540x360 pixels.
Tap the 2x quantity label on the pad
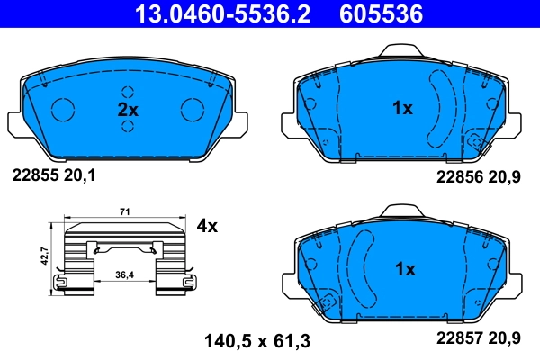pyautogui.click(x=128, y=110)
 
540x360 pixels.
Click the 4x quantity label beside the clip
pyautogui.click(x=207, y=226)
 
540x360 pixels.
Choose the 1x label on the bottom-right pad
pyautogui.click(x=404, y=269)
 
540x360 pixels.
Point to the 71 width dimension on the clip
pyautogui.click(x=126, y=212)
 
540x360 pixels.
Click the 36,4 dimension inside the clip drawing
pyautogui.click(x=126, y=275)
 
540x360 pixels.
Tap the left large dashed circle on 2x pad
pyautogui.click(x=64, y=109)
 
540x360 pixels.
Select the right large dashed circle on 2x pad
pyautogui.click(x=193, y=109)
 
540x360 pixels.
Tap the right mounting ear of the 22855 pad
pyautogui.click(x=244, y=122)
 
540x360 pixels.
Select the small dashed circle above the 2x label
pyautogui.click(x=128, y=92)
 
